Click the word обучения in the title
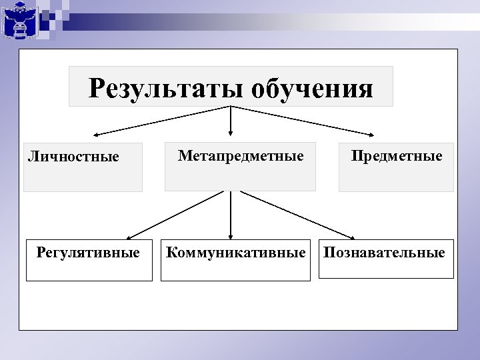[x=313, y=88]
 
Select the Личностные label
[x=73, y=157]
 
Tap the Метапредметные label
[x=240, y=156]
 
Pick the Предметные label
[x=397, y=156]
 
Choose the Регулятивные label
[x=88, y=253]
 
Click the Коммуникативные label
[x=235, y=253]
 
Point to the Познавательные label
[x=384, y=253]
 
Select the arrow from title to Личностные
[x=160, y=120]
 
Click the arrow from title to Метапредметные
[x=231, y=120]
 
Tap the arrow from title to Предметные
[x=300, y=120]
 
